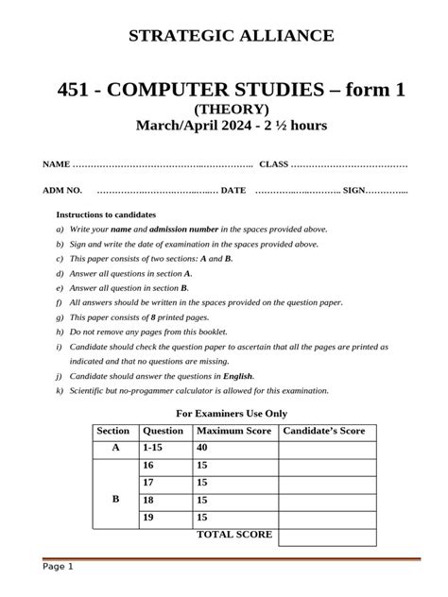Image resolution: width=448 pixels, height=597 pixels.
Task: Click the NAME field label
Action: tap(56, 165)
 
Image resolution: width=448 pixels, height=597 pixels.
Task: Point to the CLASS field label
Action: tap(273, 165)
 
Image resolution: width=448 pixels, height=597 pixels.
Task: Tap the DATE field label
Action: tap(233, 190)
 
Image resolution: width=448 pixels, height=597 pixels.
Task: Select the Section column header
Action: tap(112, 432)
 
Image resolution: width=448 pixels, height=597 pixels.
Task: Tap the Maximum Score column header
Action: tap(233, 432)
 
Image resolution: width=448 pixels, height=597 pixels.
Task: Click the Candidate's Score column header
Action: tap(323, 432)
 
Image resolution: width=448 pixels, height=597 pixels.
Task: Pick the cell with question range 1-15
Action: tap(152, 448)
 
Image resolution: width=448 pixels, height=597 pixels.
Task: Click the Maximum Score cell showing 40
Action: tap(202, 448)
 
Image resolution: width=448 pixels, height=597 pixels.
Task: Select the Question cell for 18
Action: tap(147, 500)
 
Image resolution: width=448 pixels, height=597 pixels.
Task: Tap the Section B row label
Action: tap(115, 500)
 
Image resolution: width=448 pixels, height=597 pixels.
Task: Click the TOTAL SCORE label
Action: tap(233, 535)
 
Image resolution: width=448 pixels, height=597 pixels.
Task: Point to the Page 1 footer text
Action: tap(57, 567)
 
